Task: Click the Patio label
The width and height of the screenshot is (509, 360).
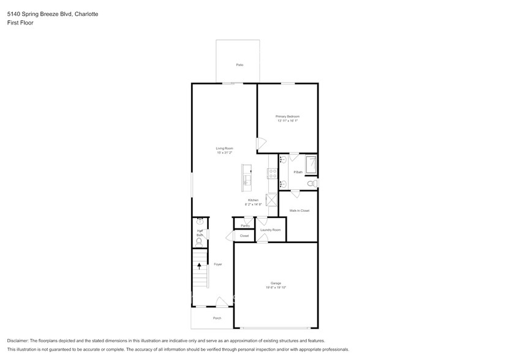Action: point(239,64)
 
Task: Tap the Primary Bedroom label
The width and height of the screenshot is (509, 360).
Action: point(287,116)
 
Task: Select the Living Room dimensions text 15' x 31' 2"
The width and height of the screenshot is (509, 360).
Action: point(224,152)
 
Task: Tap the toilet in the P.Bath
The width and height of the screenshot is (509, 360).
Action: point(311,183)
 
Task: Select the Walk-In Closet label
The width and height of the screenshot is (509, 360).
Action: point(300,211)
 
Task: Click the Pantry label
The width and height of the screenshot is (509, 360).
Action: point(245,226)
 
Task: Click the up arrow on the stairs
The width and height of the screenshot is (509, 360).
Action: point(198,266)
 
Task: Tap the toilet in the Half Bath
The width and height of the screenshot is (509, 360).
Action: point(198,242)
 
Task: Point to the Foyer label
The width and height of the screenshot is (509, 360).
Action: point(217,264)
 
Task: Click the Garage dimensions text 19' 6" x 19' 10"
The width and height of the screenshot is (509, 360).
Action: point(276,287)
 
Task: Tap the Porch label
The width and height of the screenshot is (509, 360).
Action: point(217,318)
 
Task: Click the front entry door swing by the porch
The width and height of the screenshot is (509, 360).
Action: point(221,302)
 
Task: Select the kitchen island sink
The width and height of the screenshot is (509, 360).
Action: point(247,179)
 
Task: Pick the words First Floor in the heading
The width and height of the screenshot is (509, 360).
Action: point(20,23)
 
